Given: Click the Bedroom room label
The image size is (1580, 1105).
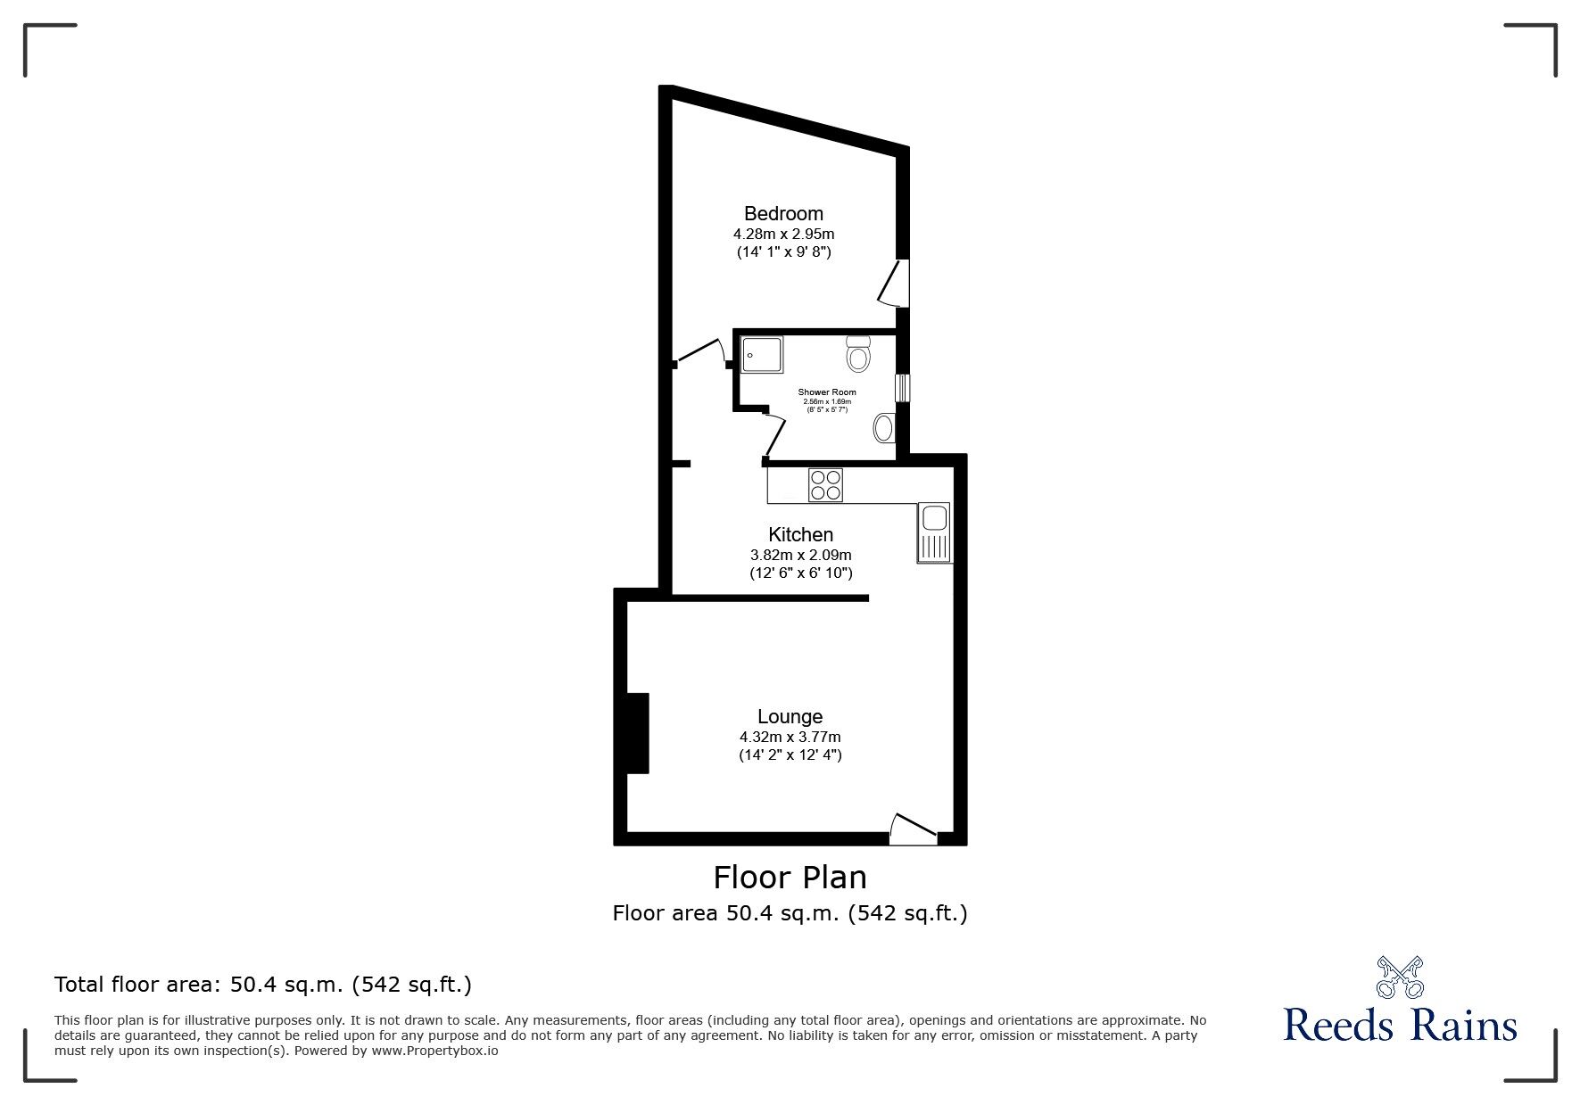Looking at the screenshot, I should [x=783, y=214].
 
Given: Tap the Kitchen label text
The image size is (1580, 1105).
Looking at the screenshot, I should [x=800, y=535].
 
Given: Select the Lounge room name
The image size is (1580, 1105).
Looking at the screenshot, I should [x=790, y=717].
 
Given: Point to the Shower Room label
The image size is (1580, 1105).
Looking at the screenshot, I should [x=827, y=392].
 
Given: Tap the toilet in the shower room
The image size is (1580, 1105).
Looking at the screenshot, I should [x=858, y=353].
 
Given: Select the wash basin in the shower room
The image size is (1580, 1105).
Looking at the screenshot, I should [x=883, y=429].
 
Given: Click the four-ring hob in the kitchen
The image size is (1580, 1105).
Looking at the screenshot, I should [x=825, y=485].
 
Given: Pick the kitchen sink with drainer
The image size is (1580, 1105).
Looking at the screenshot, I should [x=934, y=532].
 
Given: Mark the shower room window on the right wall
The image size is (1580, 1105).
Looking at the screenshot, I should [x=902, y=388].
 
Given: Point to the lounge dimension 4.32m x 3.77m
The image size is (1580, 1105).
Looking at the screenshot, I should [x=790, y=738].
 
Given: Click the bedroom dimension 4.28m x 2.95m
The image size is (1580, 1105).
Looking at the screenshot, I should [x=783, y=235].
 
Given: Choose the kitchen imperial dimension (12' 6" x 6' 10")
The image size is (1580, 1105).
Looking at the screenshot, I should [x=800, y=573].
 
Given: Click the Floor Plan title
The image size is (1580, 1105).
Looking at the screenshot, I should [x=790, y=878].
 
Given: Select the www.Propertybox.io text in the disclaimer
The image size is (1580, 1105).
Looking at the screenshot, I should [x=434, y=1051].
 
